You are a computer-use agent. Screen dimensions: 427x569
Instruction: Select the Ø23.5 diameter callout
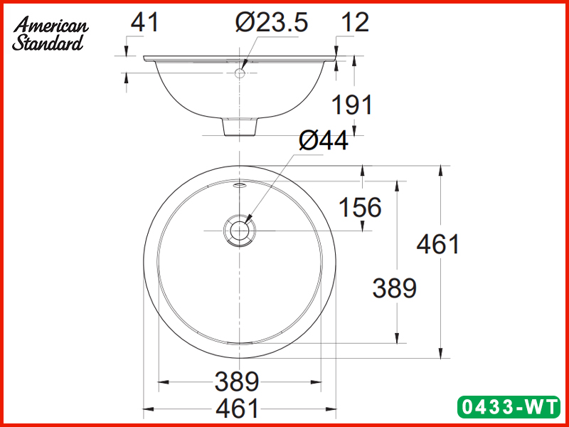coord(272,23)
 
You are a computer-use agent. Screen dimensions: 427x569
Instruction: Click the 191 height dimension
coord(352,105)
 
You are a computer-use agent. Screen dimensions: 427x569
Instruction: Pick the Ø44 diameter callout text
coord(324,141)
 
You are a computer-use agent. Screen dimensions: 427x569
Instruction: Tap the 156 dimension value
coord(359,208)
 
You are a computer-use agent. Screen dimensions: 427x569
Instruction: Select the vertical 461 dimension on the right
coord(438,244)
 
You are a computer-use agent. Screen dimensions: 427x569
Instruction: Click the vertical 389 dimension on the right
coord(394,288)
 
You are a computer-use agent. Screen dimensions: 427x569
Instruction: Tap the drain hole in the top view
coord(239,231)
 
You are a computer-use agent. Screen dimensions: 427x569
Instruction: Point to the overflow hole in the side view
coord(240,73)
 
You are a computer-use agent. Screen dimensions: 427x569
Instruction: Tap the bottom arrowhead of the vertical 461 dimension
coord(443,354)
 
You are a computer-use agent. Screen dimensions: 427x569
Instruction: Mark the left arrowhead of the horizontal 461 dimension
coord(148,409)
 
